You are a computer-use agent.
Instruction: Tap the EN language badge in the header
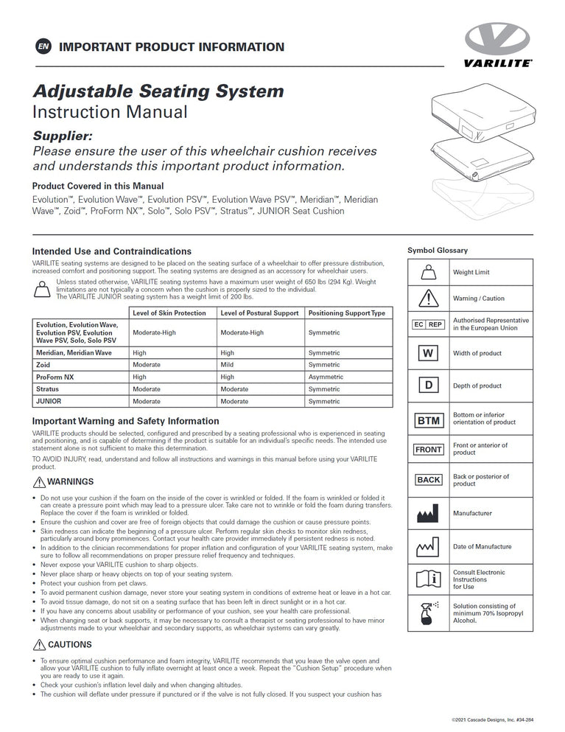[x=43, y=47]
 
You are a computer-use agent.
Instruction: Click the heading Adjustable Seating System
[x=158, y=91]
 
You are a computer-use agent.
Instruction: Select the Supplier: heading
[x=63, y=136]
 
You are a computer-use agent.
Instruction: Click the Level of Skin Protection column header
[x=169, y=313]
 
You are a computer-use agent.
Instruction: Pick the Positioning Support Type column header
[x=346, y=313]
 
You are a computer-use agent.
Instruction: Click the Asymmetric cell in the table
[x=326, y=377]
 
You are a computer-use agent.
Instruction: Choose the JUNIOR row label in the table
[x=49, y=401]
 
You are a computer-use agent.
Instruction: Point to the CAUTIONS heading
[x=69, y=644]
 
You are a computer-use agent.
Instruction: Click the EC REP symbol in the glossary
[x=428, y=324]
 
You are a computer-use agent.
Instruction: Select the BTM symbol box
[x=428, y=421]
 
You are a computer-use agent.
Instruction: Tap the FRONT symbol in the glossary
[x=428, y=449]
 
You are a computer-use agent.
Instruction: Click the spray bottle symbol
[x=428, y=613]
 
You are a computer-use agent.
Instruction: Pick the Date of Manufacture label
[x=482, y=547]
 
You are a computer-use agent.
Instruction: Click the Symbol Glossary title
[x=438, y=251]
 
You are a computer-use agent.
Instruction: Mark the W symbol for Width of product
[x=428, y=353]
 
